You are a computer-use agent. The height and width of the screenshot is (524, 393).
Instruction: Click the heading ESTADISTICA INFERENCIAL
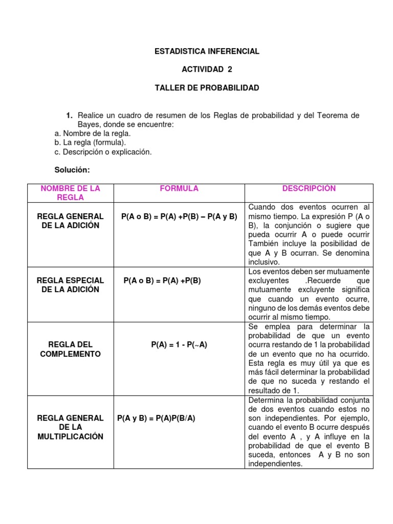tap(207, 51)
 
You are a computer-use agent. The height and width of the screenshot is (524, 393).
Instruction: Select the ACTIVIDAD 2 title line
tap(207, 70)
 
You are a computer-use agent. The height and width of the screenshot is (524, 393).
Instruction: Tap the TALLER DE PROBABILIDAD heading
tap(207, 88)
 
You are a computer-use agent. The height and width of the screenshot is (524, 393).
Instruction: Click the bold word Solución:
tap(72, 170)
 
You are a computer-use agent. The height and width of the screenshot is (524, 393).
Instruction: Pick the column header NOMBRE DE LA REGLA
tap(71, 193)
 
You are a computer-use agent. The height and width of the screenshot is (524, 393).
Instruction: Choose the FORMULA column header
tap(179, 189)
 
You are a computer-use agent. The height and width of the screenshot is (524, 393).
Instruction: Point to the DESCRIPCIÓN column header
tap(309, 189)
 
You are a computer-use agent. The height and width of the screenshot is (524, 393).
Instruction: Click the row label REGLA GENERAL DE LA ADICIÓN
tap(71, 221)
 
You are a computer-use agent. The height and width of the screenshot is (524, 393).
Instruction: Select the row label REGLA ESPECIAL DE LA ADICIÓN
tap(71, 285)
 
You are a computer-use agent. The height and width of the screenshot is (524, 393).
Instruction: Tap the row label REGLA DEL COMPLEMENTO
tap(71, 350)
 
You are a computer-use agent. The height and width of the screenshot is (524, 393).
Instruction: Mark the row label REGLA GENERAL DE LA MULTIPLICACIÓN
tap(71, 427)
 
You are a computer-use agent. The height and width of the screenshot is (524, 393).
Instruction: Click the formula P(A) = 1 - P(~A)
tap(179, 345)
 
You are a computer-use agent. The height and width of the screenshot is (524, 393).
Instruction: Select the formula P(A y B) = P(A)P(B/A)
tap(157, 418)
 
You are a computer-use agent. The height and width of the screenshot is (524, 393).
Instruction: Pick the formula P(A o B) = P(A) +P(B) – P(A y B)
tap(179, 216)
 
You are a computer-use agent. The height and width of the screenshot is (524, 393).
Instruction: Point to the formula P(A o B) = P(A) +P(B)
tap(162, 280)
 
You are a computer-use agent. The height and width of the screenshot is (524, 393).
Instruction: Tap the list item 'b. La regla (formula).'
tap(90, 143)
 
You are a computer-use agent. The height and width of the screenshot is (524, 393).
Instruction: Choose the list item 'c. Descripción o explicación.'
tap(103, 152)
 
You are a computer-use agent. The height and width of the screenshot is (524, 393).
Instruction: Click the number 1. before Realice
tap(69, 116)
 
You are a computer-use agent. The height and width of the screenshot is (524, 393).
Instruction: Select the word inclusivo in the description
tap(264, 262)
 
